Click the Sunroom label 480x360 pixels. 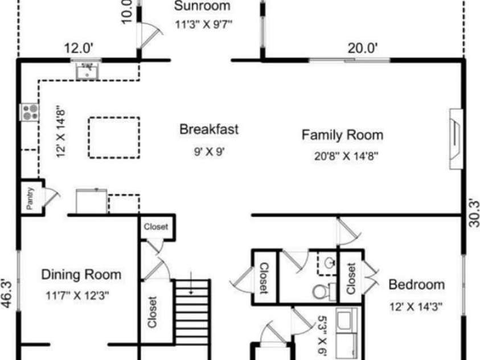[x=202, y=6]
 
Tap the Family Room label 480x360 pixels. [x=343, y=135]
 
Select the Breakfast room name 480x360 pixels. [x=209, y=129]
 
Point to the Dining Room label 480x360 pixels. [x=81, y=275]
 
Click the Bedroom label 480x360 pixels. [x=417, y=285]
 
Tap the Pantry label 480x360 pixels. [x=30, y=198]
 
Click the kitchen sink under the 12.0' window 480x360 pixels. [x=88, y=71]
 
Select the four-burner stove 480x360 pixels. [x=30, y=112]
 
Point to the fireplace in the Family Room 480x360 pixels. [x=456, y=138]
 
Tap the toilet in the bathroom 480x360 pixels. [x=324, y=292]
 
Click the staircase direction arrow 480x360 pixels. [x=191, y=283]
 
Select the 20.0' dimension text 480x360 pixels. [x=363, y=48]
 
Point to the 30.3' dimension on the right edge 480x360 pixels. [x=474, y=212]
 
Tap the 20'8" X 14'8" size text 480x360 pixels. [x=346, y=156]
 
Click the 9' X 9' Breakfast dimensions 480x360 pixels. [x=210, y=151]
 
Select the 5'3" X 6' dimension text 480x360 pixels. [x=322, y=336]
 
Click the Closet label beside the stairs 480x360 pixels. [x=153, y=312]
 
